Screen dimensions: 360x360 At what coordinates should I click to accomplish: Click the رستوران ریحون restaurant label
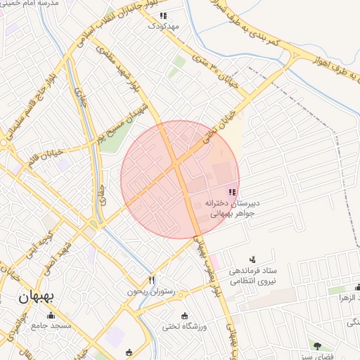[148, 291]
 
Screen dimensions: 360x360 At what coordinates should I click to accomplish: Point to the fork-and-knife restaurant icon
[152, 280]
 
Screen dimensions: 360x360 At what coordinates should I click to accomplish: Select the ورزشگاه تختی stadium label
[185, 327]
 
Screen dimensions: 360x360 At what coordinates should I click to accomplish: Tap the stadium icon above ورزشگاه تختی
[185, 316]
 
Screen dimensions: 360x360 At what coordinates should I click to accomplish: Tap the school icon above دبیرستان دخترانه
[232, 192]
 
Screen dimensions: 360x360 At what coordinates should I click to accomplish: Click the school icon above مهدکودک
[163, 15]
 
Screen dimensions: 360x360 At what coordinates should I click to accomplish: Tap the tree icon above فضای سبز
[317, 345]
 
